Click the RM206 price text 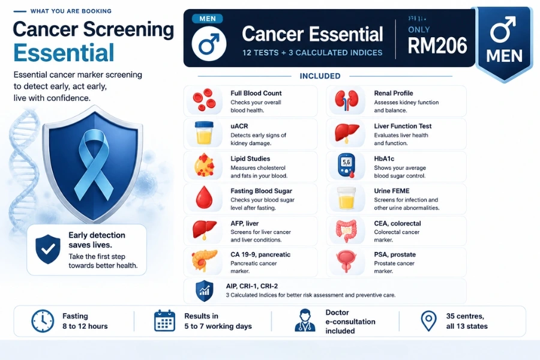coord(437,46)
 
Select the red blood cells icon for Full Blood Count coord(204,100)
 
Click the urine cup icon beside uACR coord(204,133)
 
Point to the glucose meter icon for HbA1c coord(346,166)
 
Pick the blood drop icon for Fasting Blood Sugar coord(204,198)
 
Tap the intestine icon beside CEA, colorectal coord(347,230)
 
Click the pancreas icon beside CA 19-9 coord(205,261)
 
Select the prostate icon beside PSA coord(346,262)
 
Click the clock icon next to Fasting coord(43,321)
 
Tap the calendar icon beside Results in coord(164,321)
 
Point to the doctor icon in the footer coord(305,320)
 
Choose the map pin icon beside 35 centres coord(429,321)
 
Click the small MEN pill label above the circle coord(208,19)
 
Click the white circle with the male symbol coord(209,44)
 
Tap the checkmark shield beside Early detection coord(48,250)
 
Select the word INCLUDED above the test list coord(320,76)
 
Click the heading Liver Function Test coord(403,126)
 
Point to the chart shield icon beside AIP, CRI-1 coord(204,291)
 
